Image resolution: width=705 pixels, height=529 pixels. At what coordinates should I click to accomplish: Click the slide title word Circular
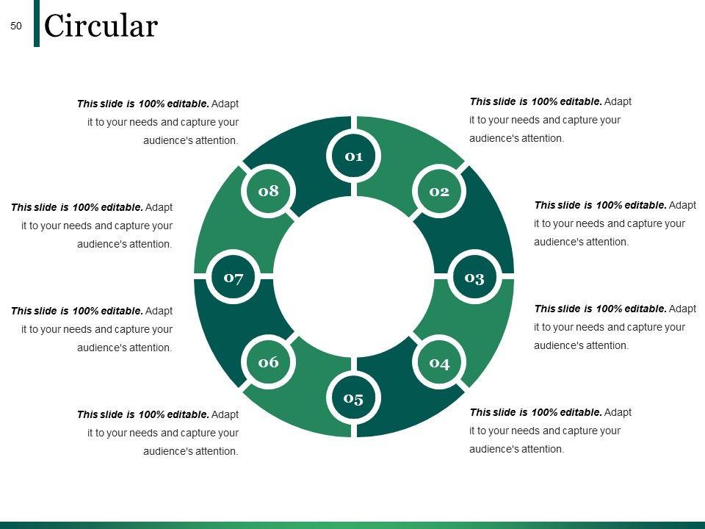coord(101,26)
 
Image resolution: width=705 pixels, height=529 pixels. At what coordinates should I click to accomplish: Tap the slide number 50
coord(16,26)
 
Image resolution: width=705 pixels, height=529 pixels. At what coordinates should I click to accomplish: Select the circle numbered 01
coord(354,155)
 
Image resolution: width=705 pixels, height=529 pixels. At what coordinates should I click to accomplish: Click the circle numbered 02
coord(439,191)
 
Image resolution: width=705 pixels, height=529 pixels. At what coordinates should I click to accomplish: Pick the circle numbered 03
coord(474,277)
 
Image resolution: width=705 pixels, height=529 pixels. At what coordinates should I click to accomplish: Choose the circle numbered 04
coord(439,362)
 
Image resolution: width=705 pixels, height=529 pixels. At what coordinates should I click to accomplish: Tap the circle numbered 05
coord(354,398)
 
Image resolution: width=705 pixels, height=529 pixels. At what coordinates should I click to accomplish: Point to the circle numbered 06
coord(269,362)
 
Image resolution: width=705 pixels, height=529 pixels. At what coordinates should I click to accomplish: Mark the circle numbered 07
coord(234,277)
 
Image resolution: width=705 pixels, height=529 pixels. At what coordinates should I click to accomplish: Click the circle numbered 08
coord(269,191)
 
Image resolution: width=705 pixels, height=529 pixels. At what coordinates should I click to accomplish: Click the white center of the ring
coord(354,277)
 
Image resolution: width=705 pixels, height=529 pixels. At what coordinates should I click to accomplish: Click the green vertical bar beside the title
coord(37,24)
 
